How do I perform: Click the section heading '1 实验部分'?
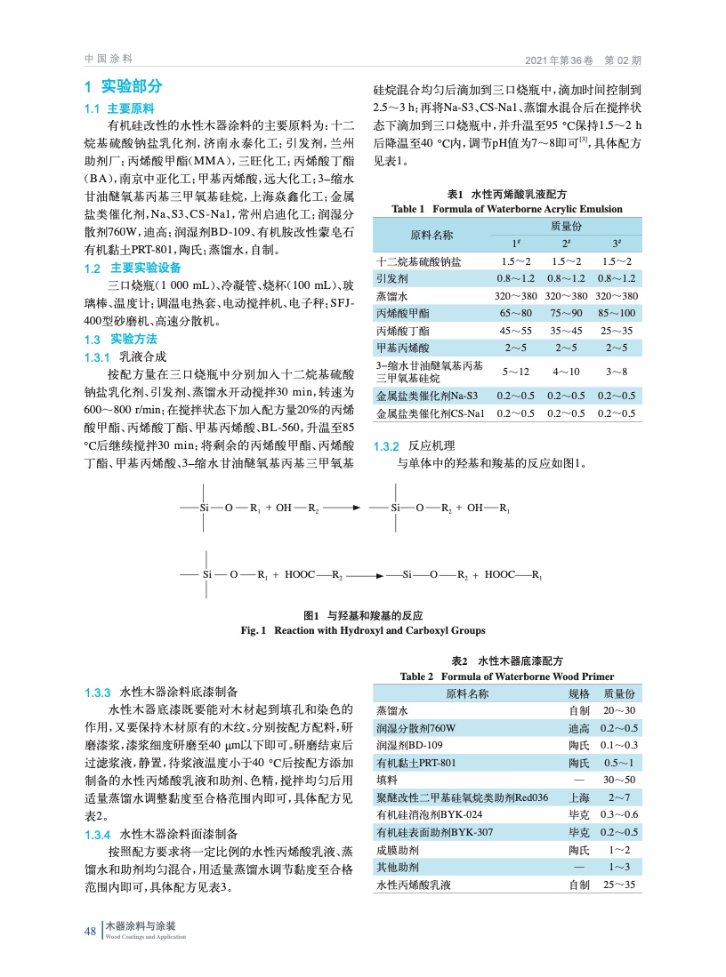[x=124, y=87]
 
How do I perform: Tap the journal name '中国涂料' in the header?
[x=108, y=59]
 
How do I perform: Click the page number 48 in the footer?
[x=90, y=931]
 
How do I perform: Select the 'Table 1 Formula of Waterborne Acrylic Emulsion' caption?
[x=506, y=209]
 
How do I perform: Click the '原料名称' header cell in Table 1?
[x=431, y=235]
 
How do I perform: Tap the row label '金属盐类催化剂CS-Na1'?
[x=431, y=413]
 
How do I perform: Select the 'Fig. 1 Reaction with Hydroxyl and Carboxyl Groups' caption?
[x=363, y=630]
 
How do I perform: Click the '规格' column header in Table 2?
[x=578, y=693]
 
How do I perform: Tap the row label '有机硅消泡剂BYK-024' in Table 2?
[x=430, y=814]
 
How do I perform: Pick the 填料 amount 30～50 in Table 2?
[x=618, y=780]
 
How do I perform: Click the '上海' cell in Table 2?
[x=578, y=797]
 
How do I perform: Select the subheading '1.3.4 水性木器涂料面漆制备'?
[x=160, y=835]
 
